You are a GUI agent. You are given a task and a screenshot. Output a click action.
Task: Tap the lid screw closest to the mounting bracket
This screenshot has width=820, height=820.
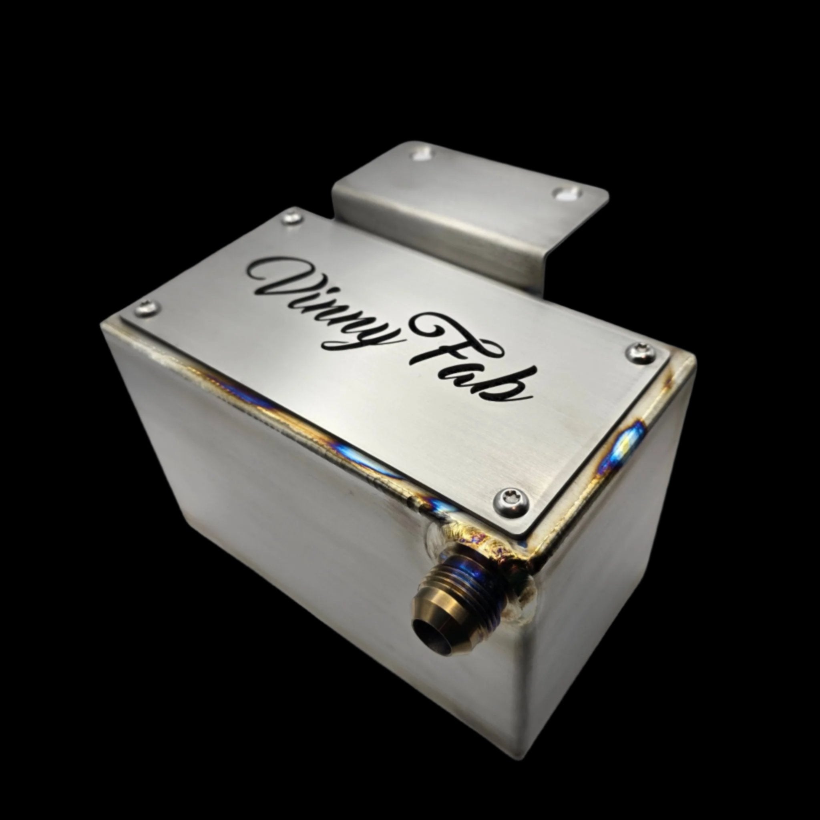293,218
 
